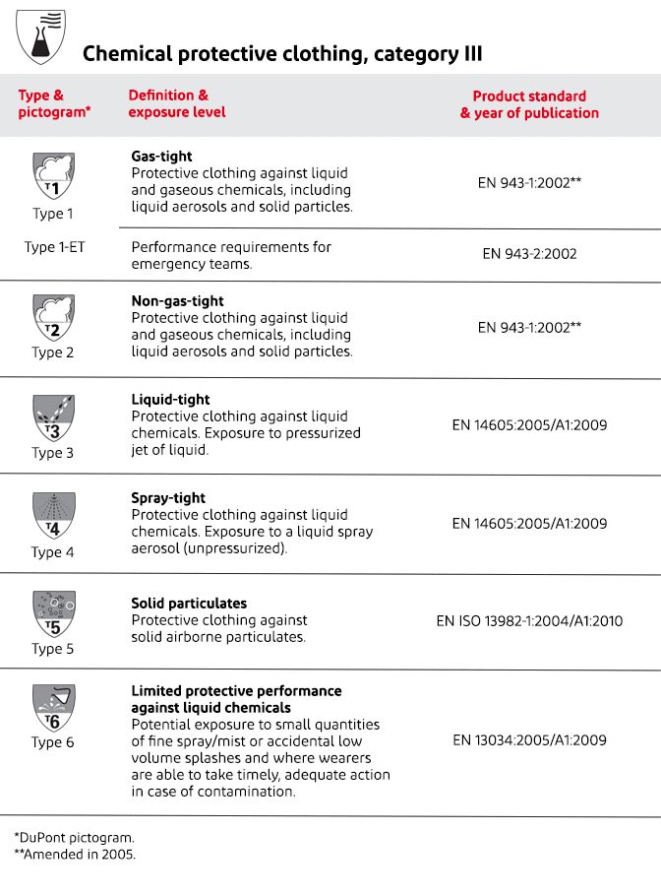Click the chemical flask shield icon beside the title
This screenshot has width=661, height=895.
42,35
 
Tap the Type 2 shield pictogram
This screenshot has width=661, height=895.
53,316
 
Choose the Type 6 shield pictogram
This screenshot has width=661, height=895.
53,708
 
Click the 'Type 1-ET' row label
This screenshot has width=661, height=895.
55,247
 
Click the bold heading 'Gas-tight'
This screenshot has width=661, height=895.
161,157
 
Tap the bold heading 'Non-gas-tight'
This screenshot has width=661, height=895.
177,301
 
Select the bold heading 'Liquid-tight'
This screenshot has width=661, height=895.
170,400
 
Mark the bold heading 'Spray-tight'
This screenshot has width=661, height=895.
168,498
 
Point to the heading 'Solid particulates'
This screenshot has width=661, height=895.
189,604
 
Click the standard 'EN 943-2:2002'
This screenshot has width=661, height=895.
529,253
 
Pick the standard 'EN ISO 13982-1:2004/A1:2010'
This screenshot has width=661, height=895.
529,621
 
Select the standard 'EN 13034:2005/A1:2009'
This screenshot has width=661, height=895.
529,740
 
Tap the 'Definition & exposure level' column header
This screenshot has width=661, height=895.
177,103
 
